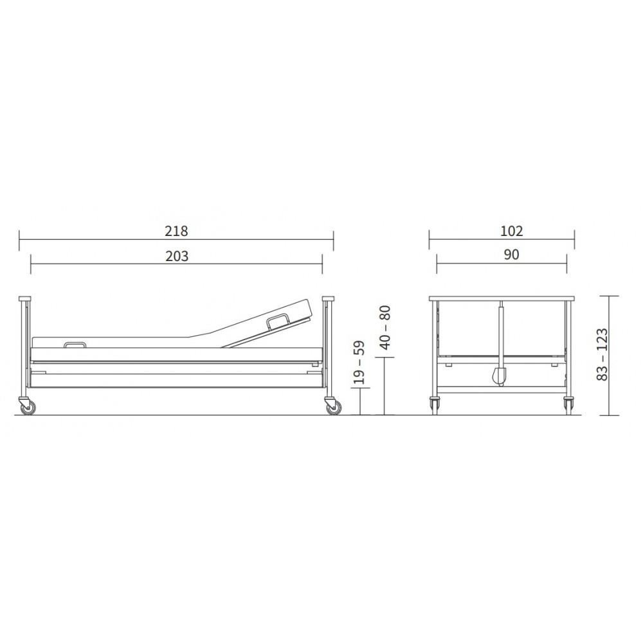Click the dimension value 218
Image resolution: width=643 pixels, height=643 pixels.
(x=176, y=231)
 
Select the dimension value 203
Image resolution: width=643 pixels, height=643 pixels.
(x=177, y=257)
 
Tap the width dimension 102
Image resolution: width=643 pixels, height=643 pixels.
(x=512, y=231)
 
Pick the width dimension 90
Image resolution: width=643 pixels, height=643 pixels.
(x=511, y=255)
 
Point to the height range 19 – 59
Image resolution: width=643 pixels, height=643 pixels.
(x=359, y=362)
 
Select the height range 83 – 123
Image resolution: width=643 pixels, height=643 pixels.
(x=602, y=354)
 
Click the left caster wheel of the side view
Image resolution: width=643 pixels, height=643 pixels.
(x=28, y=407)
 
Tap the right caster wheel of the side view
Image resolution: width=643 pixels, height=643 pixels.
(x=333, y=407)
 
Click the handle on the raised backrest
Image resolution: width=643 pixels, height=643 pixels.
(x=278, y=320)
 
